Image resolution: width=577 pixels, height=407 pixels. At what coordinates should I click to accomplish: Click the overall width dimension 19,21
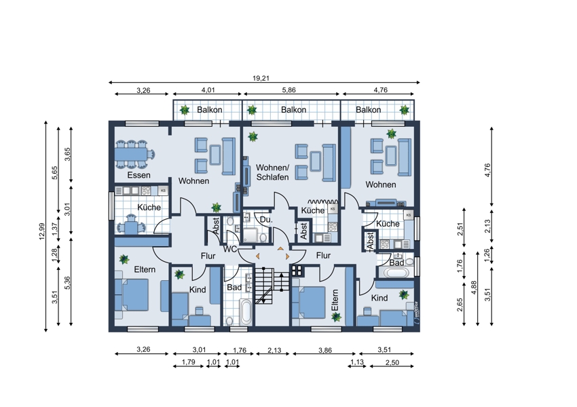coord(261,78)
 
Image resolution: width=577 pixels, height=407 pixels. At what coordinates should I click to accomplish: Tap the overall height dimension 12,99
coord(41,231)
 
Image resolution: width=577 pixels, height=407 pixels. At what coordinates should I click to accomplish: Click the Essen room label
coord(138,175)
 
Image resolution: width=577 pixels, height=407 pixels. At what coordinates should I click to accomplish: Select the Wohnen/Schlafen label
coord(272,172)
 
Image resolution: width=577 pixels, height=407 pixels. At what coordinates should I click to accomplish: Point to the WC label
coord(230,249)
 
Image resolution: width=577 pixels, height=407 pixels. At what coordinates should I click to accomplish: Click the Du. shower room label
coord(266,220)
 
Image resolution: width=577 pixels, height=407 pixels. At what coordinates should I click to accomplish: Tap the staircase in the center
coord(272,286)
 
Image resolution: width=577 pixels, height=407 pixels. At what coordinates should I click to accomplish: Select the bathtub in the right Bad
coord(396,273)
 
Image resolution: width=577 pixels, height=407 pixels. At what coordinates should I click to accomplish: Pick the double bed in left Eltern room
coord(132,295)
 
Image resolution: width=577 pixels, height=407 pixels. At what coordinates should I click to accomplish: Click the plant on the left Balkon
coord(185,110)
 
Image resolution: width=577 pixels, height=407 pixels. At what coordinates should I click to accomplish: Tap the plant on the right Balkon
coord(405,110)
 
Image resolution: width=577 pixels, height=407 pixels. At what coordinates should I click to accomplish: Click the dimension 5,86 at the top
coord(289,90)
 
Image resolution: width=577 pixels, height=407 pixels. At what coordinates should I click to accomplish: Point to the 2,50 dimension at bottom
coord(392,362)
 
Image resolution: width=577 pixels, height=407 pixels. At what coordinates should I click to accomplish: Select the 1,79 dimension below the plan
coord(189,362)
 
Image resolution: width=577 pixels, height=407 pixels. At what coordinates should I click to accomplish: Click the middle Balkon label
coord(294,110)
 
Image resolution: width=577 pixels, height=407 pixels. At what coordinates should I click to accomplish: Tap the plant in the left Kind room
coord(180,274)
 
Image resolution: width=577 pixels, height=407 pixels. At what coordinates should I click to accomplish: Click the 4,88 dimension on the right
coord(474,287)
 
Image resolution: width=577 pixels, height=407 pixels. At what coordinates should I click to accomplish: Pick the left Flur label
coord(208,256)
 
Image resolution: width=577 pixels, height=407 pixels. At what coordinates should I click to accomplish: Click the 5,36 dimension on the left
coord(67,282)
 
